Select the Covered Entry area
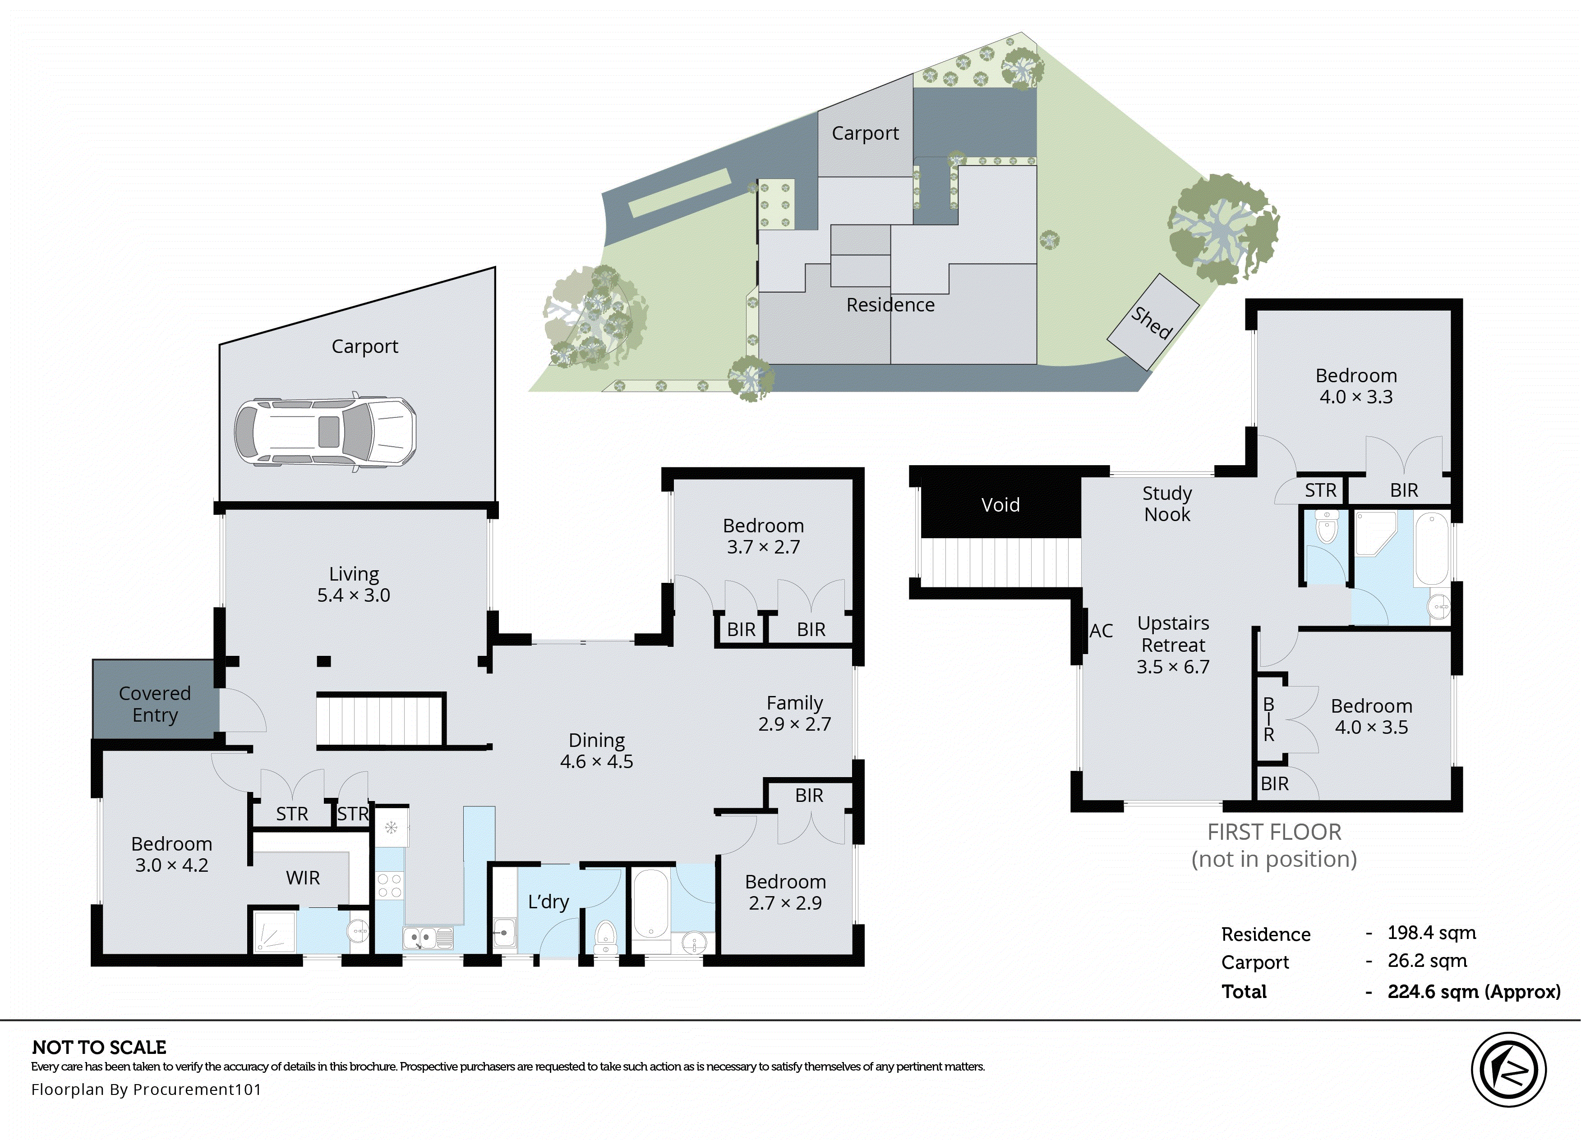click(x=154, y=703)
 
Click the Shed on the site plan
click(x=1152, y=322)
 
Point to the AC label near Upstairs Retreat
click(x=1101, y=631)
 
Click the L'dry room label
click(x=548, y=902)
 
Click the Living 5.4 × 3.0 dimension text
click(x=354, y=595)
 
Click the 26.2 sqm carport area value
click(x=1427, y=961)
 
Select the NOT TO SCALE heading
click(x=99, y=1047)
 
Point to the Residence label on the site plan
click(x=890, y=305)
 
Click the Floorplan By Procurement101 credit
click(x=147, y=1089)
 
